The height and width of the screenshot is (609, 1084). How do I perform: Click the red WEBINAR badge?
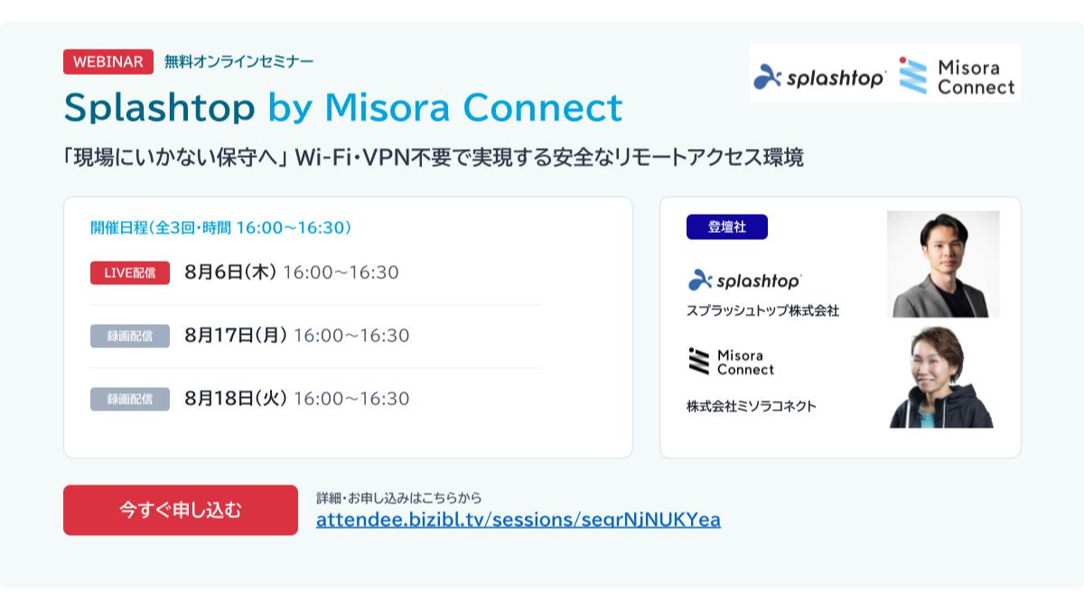(x=107, y=61)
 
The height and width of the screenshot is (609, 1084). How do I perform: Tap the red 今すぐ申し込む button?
(x=181, y=510)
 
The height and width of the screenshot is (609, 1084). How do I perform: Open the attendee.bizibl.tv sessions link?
(x=519, y=520)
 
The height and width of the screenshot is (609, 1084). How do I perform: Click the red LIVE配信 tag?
(x=130, y=272)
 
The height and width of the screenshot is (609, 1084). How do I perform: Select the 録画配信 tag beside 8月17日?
(x=130, y=336)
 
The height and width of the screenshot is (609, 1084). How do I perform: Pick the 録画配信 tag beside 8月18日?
(x=130, y=399)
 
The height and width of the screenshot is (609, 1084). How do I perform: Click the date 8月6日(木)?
(x=230, y=272)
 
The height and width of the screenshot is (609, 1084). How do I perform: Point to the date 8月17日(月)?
(x=236, y=335)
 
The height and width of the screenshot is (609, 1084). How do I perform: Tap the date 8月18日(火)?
(x=236, y=398)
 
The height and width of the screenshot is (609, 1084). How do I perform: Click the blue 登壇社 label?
(x=727, y=226)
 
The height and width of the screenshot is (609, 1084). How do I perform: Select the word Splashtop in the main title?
(x=159, y=107)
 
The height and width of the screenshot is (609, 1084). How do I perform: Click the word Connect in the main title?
(x=543, y=107)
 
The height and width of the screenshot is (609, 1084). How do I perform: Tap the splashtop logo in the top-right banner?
(x=820, y=77)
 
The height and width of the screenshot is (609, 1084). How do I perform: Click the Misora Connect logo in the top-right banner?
(x=957, y=77)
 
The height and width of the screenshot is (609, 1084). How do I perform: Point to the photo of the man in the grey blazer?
(x=943, y=263)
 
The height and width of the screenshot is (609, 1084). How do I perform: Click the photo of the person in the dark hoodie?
(x=941, y=377)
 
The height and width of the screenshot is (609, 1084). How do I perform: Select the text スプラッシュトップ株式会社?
(x=762, y=310)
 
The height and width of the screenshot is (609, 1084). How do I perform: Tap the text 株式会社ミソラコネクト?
(x=751, y=406)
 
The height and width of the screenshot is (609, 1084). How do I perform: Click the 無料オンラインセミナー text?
(x=239, y=61)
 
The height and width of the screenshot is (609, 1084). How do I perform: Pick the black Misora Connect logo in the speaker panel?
(x=731, y=362)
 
